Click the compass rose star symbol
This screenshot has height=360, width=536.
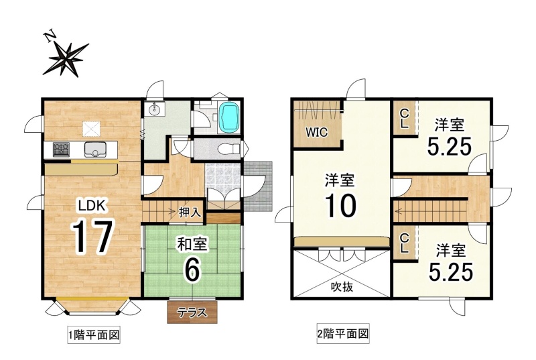coord(66,59)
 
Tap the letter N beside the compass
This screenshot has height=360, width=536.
coord(50,36)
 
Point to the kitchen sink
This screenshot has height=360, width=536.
coord(95,149)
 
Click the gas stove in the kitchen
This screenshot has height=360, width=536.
coord(61,149)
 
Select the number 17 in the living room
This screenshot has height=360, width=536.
coord(92,237)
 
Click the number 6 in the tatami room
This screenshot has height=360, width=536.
coord(192,269)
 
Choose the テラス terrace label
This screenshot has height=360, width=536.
coord(192,312)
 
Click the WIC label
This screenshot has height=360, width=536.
coord(316,132)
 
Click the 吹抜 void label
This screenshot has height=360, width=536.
coord(342,287)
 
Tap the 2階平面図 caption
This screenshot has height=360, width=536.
coord(343,333)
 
